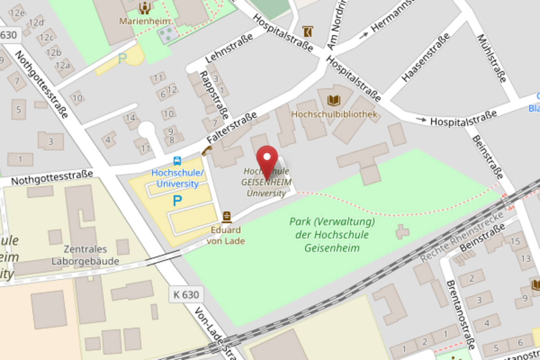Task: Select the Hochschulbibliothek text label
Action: (334, 114)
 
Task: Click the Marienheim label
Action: (145, 21)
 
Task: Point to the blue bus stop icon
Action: (177, 161)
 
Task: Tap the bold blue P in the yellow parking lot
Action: (177, 201)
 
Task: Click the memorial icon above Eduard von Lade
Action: (227, 217)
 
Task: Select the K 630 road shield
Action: (186, 295)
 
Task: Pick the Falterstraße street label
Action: (231, 128)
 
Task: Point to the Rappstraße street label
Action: (214, 95)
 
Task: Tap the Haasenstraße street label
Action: (425, 57)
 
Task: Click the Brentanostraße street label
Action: (461, 315)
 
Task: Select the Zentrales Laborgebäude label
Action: (85, 255)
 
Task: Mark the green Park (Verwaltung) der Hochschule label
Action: (332, 234)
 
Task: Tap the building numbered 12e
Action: (17, 13)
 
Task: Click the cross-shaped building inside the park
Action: (402, 232)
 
